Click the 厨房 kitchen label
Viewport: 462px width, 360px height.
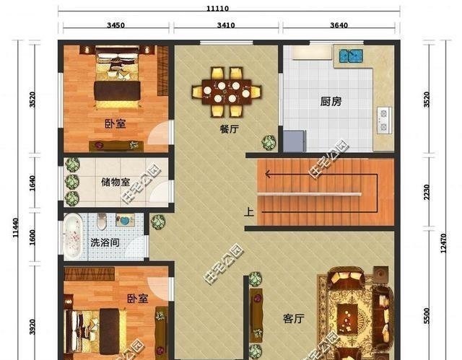(331, 102)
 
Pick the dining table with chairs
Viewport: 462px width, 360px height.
(226, 92)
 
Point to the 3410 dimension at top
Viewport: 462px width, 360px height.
(226, 25)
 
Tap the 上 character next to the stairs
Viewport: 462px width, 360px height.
(249, 212)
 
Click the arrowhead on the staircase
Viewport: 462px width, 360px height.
(268, 173)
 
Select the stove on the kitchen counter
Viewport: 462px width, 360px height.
(383, 118)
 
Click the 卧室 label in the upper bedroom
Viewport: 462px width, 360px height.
(115, 123)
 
